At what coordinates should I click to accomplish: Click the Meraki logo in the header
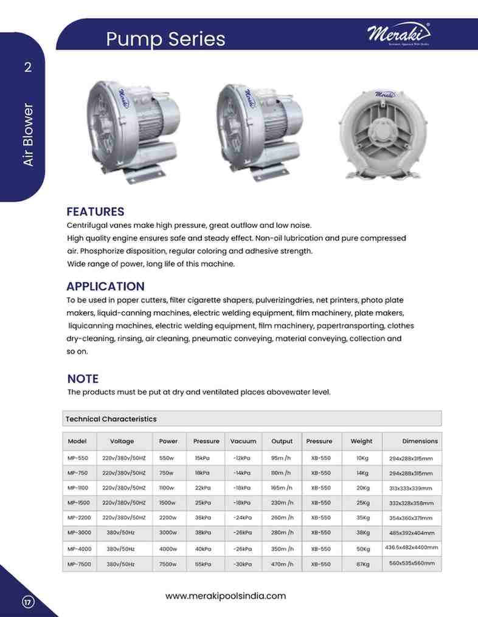(x=398, y=35)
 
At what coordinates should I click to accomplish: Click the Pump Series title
(x=165, y=39)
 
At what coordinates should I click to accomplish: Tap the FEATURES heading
(x=95, y=212)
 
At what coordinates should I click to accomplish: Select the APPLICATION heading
(x=105, y=286)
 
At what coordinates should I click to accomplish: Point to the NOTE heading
(x=83, y=379)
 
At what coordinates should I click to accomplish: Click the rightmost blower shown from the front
(x=387, y=133)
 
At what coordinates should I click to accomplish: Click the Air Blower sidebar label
(x=27, y=136)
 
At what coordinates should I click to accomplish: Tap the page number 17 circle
(x=27, y=602)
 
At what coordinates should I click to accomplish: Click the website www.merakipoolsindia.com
(x=226, y=596)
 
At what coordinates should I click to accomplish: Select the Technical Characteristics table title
(x=111, y=419)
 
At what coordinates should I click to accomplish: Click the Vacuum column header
(x=243, y=441)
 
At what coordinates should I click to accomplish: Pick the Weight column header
(x=362, y=441)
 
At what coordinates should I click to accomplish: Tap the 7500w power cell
(x=168, y=564)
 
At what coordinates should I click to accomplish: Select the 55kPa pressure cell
(x=203, y=564)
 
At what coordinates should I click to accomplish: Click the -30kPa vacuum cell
(x=243, y=564)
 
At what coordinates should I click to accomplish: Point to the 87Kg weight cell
(x=363, y=564)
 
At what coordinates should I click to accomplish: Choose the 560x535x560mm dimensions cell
(x=412, y=563)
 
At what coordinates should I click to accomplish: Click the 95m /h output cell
(x=282, y=458)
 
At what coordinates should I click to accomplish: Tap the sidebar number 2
(x=27, y=67)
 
